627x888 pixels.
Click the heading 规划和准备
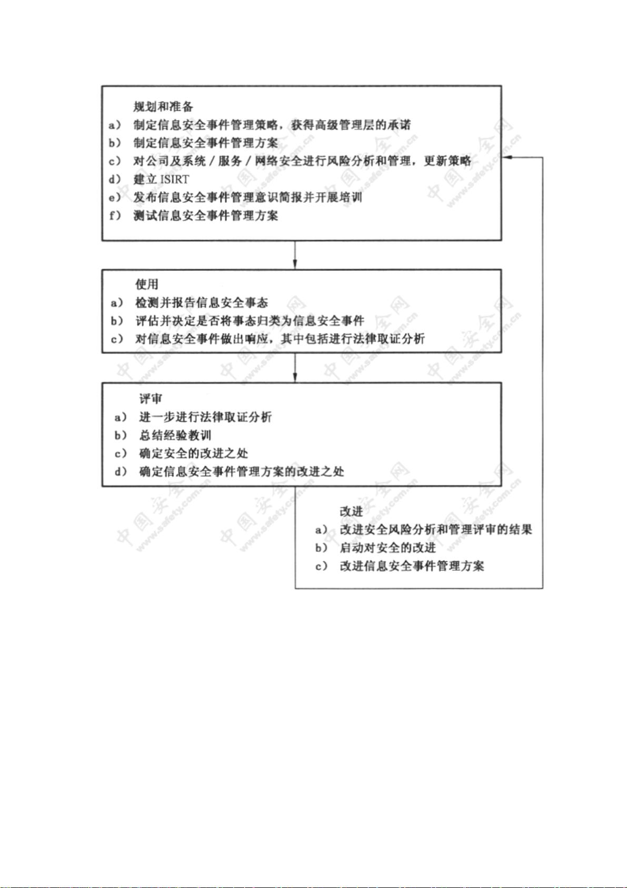[163, 106]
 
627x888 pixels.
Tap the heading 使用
[147, 284]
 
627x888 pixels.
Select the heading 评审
[151, 398]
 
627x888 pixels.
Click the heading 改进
[351, 511]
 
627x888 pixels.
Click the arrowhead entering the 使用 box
[295, 265]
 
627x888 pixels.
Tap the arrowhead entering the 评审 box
[295, 377]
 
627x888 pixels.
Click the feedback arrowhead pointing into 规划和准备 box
[507, 158]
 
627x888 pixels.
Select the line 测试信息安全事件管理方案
[205, 216]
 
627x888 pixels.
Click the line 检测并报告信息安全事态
[202, 303]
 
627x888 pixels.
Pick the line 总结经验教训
[175, 435]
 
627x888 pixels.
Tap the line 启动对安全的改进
[388, 548]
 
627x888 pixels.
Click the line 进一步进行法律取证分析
[205, 417]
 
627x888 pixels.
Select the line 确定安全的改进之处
[194, 454]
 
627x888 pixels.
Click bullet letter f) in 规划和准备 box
[114, 216]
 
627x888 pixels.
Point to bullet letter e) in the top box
[114, 198]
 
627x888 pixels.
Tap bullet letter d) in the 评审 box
[121, 472]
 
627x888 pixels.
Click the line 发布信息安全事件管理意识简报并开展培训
[247, 198]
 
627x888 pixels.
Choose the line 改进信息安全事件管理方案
[412, 566]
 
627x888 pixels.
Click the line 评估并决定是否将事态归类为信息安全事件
[250, 321]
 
